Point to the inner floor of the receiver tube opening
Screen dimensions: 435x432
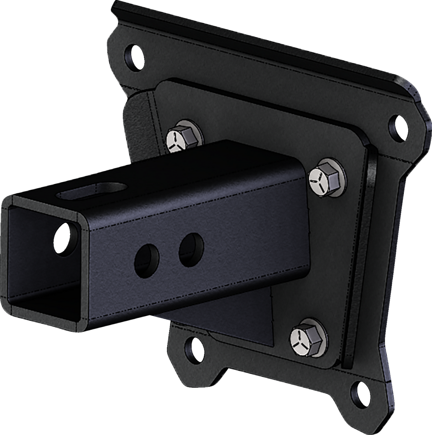tap(43, 306)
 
